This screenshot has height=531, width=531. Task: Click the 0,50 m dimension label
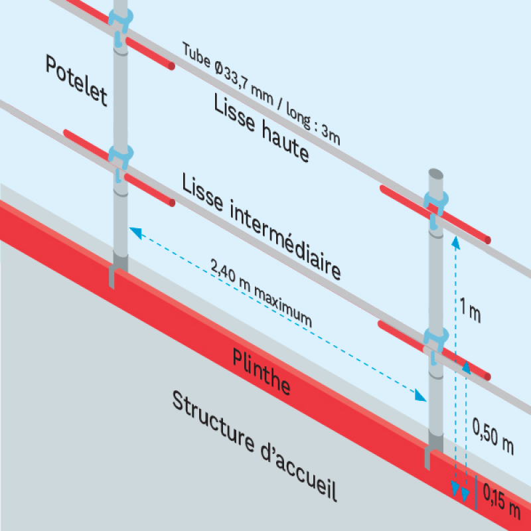(493, 434)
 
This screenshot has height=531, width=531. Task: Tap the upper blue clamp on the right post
(435, 203)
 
